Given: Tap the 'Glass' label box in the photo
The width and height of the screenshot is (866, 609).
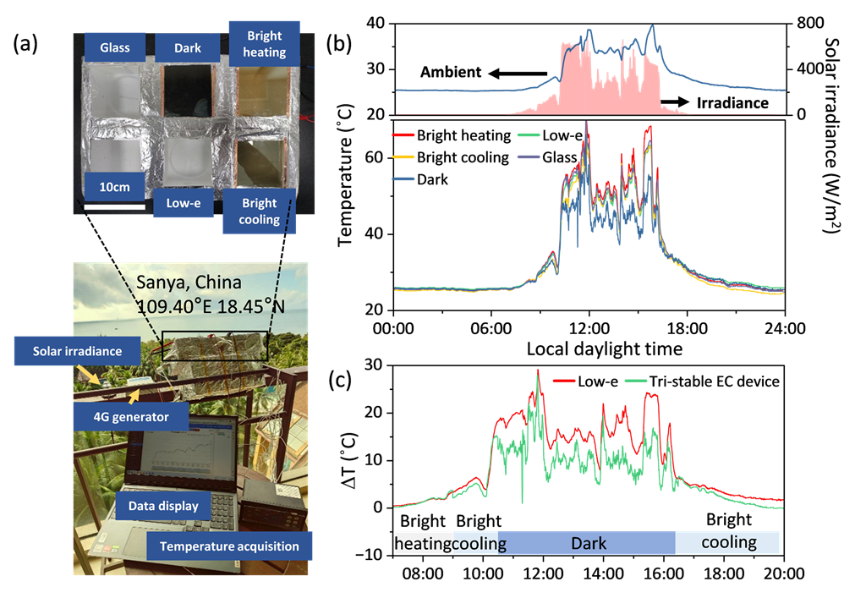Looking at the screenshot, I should coord(114,48).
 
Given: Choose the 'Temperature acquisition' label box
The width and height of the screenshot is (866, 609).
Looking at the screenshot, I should coord(229,546).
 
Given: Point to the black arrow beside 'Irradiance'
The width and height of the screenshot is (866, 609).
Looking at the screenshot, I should coord(674,101).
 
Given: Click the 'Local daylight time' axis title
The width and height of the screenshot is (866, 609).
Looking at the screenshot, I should coord(604,348).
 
